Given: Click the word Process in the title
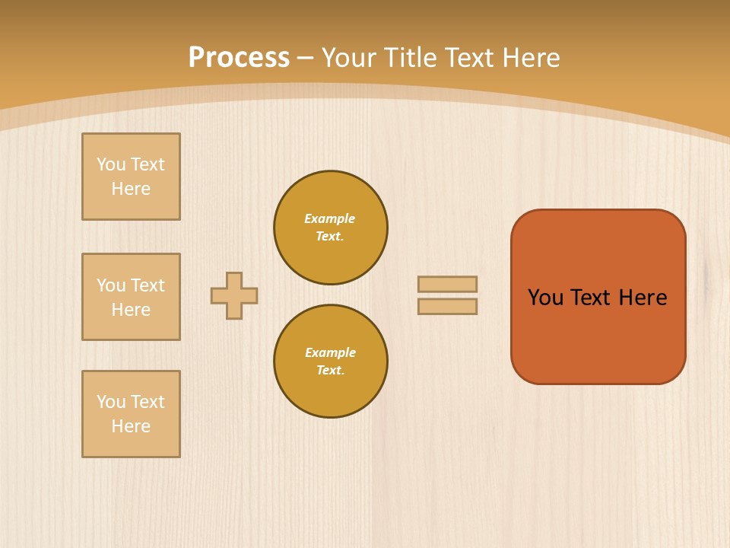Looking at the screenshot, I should pyautogui.click(x=239, y=58).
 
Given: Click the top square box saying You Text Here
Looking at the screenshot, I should pyautogui.click(x=131, y=177).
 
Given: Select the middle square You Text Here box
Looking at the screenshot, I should pyautogui.click(x=131, y=297).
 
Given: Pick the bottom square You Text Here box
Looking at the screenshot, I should pyautogui.click(x=131, y=414).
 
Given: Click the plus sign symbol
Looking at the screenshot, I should pyautogui.click(x=234, y=295).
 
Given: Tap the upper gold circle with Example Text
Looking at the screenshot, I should pyautogui.click(x=331, y=228).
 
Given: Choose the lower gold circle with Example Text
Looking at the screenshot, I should pyautogui.click(x=331, y=362).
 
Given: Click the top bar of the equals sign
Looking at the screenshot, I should pyautogui.click(x=447, y=284).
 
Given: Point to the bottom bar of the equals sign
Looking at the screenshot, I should pyautogui.click(x=447, y=306).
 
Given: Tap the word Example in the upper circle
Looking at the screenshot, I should pyautogui.click(x=330, y=218).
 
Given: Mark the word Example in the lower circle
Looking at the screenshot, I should pyautogui.click(x=330, y=352).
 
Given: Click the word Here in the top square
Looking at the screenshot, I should pyautogui.click(x=131, y=189).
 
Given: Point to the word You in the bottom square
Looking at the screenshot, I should pyautogui.click(x=111, y=402).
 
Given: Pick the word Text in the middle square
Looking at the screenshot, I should pyautogui.click(x=148, y=285).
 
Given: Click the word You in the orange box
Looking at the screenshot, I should pyautogui.click(x=545, y=298).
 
